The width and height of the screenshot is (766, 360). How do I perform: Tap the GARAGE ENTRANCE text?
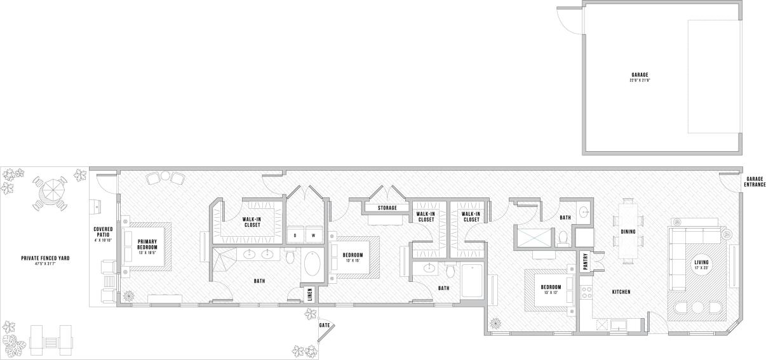point(754,182)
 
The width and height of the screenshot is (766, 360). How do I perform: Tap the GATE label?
point(325,324)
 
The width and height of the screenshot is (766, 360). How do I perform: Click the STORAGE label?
point(387,208)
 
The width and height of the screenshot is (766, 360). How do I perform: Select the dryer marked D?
point(295,235)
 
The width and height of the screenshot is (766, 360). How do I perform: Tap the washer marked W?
point(314,235)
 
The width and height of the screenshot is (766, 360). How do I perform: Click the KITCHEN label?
point(621,292)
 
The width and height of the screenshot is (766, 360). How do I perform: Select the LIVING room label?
point(701,265)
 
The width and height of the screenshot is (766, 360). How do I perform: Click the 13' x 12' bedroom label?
point(550,289)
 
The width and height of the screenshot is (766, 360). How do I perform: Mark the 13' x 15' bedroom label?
point(353,257)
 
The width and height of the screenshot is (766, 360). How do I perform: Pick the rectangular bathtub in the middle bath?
point(473,281)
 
